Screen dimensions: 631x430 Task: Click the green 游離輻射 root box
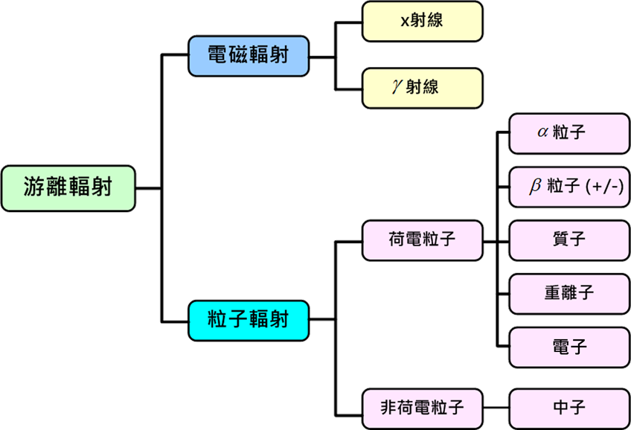coord(68,188)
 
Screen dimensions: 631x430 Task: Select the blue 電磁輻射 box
coord(249,56)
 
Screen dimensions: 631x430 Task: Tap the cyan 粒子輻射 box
coord(249,320)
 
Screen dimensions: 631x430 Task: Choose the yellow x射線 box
coord(422,22)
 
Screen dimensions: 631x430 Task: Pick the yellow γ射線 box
coord(422,88)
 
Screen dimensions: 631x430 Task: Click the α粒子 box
coord(569,133)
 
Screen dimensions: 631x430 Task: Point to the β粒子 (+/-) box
coord(569,187)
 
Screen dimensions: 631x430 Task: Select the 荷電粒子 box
coord(422,240)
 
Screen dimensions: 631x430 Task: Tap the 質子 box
coord(569,240)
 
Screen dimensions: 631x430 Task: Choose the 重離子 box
coord(569,294)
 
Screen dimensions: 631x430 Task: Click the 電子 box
coord(569,347)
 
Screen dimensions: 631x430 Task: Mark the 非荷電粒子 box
coord(422,408)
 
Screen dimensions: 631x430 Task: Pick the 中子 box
coord(569,408)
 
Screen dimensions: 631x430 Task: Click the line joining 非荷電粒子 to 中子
coord(496,408)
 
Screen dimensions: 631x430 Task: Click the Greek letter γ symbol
coord(397,86)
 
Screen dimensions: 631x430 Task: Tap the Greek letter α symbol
coord(543,132)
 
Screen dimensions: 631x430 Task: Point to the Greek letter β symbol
coord(535,186)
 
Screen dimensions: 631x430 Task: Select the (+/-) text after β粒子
coord(604,187)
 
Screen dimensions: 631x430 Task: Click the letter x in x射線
coord(406,21)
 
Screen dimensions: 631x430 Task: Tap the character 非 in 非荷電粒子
coord(388,408)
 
